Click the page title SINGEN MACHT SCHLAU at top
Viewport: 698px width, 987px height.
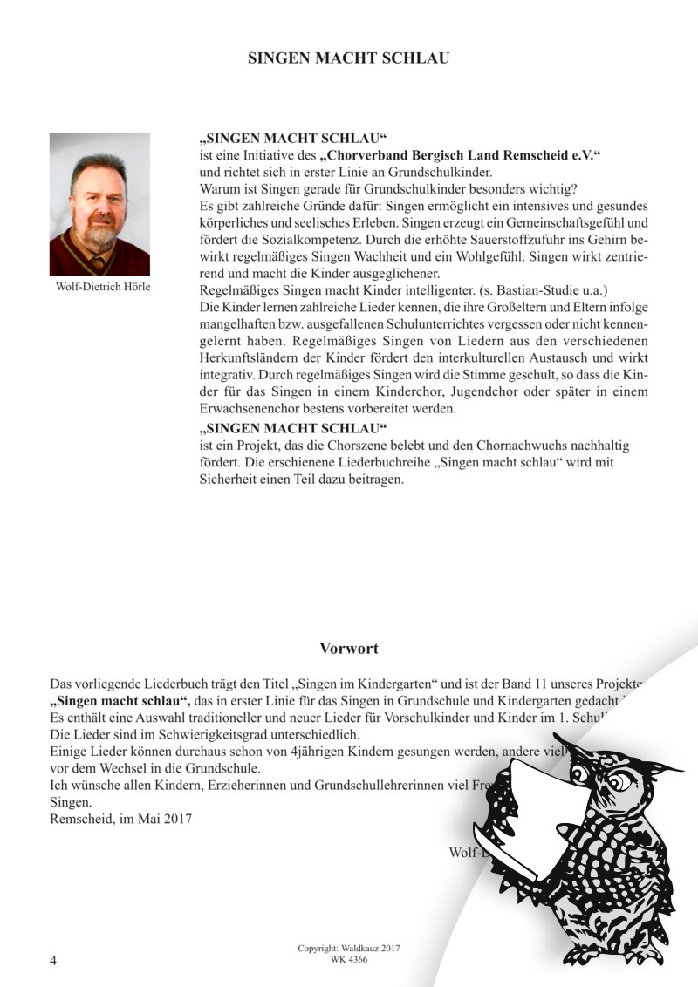(x=348, y=58)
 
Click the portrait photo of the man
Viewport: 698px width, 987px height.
(x=99, y=204)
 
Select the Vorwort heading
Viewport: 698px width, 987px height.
(x=349, y=649)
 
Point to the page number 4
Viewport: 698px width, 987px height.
(x=54, y=960)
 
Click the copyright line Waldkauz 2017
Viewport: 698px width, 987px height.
(x=349, y=948)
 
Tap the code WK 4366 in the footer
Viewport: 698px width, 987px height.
(x=349, y=959)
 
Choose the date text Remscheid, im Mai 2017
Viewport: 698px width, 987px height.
(x=121, y=819)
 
